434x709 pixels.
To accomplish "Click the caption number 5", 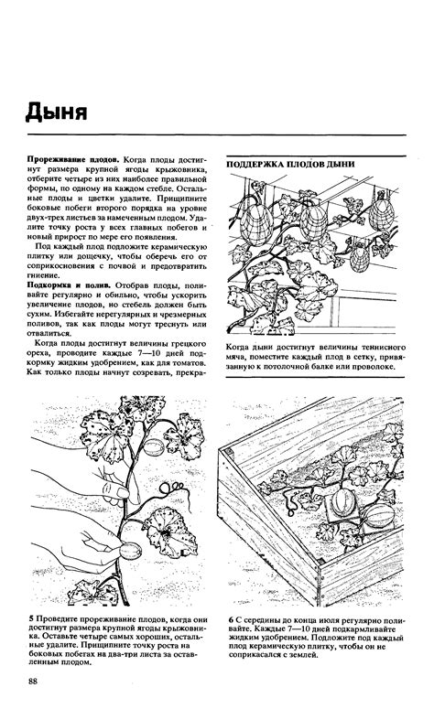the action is pos(32,619).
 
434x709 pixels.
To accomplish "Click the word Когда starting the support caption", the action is pos(240,348).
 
